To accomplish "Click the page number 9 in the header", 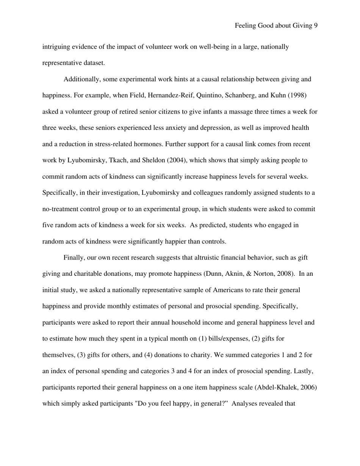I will pyautogui.click(x=315, y=26).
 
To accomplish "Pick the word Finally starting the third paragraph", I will pyautogui.click(x=74, y=258).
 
